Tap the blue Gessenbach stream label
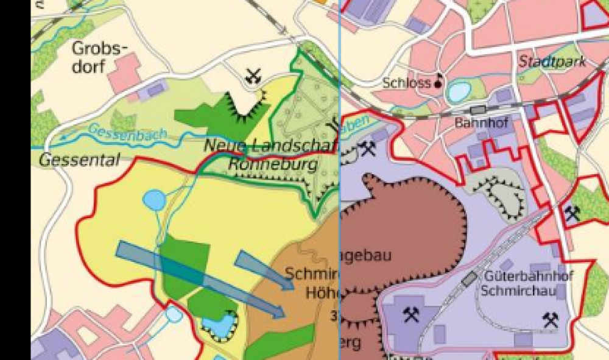120,135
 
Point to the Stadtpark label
552,62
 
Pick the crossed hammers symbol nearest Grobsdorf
254,77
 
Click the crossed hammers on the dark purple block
411,314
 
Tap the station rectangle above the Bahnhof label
478,110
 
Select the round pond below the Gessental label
153,199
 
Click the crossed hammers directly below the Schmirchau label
551,319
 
